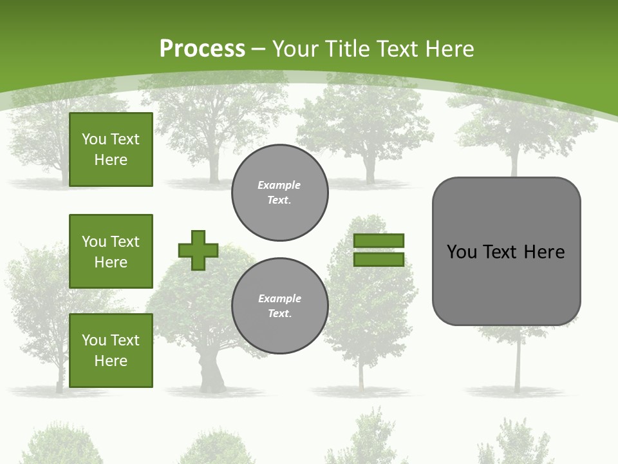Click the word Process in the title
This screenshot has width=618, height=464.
tap(202, 49)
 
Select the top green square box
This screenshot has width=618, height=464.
tap(111, 150)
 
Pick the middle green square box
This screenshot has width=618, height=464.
tap(111, 251)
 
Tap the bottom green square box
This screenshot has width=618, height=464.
tap(111, 350)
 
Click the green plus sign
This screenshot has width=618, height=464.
tap(198, 250)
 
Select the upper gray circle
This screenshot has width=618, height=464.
tap(280, 193)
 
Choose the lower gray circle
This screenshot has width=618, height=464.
tap(280, 305)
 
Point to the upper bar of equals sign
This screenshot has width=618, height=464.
tap(379, 240)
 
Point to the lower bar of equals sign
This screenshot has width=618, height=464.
tap(379, 260)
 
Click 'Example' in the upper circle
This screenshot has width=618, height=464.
tap(279, 185)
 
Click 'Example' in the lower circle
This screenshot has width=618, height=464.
tap(279, 298)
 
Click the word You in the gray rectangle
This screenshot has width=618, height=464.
tap(462, 252)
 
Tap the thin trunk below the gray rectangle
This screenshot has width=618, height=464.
tap(517, 361)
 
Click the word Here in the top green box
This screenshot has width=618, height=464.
tap(111, 160)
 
